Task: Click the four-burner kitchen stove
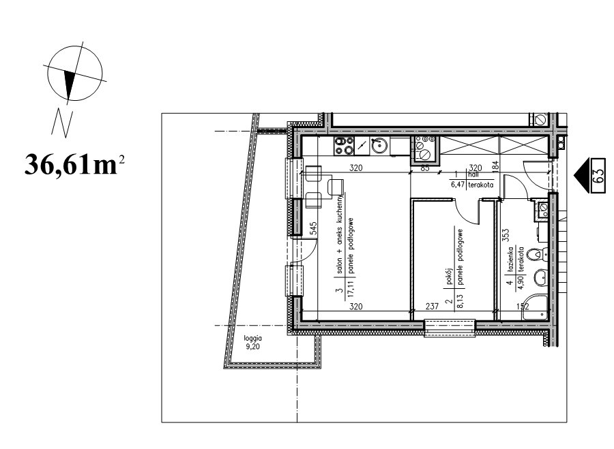[344, 146]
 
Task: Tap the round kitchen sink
[379, 146]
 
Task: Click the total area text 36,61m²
[74, 165]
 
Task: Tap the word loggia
[252, 339]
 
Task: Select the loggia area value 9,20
[252, 347]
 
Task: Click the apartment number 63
[599, 176]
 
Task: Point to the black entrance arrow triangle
[583, 176]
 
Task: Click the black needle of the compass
[70, 85]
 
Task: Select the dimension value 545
[313, 229]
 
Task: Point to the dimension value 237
[432, 307]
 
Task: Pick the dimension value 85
[425, 168]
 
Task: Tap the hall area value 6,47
[458, 185]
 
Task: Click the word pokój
[449, 277]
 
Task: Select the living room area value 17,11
[350, 290]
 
